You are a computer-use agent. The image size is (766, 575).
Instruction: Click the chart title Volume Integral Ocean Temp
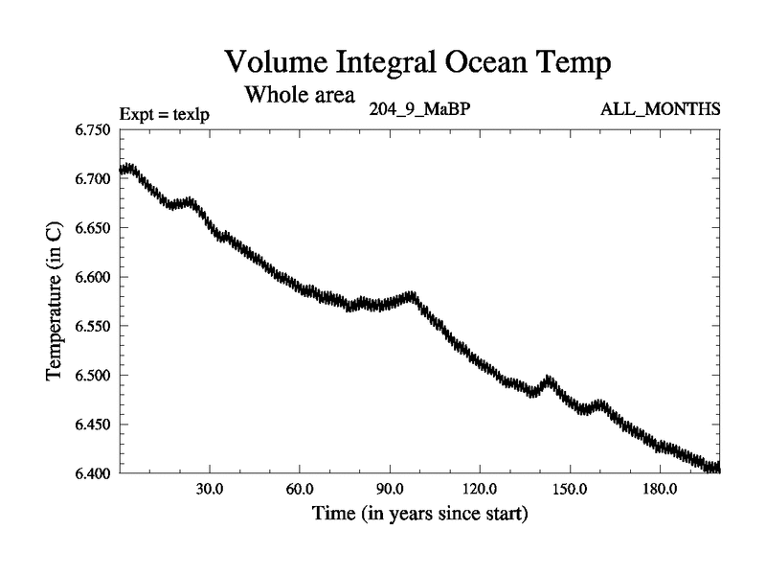point(417,63)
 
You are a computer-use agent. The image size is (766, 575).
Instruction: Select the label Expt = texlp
point(164,114)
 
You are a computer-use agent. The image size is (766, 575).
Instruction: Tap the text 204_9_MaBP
point(418,108)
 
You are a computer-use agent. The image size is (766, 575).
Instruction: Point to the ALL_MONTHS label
point(660,108)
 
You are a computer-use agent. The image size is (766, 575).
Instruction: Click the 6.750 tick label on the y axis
point(93,130)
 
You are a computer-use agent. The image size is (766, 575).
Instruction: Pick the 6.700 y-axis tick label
point(93,179)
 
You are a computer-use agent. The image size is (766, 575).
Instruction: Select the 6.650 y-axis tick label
point(93,228)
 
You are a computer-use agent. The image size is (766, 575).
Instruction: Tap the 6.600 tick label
point(93,277)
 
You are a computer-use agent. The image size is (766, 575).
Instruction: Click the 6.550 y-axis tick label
point(93,326)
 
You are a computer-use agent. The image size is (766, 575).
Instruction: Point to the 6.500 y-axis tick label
point(93,375)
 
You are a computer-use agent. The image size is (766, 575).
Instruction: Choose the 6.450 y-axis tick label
point(93,424)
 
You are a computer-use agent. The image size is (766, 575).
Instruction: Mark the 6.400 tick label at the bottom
point(93,472)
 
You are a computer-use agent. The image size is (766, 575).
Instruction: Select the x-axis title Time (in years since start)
point(419,515)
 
